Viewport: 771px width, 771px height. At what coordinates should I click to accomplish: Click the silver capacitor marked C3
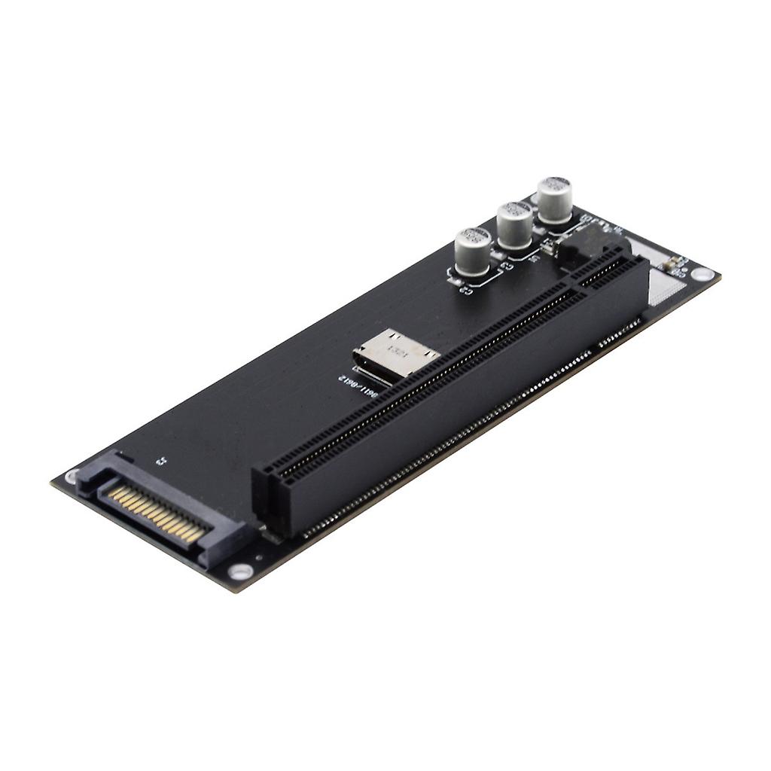pos(473,251)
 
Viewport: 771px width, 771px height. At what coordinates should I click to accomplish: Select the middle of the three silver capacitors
pos(516,224)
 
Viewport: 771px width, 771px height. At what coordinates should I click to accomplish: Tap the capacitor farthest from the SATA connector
pos(556,200)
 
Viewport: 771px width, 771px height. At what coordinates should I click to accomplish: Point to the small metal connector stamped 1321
pos(395,355)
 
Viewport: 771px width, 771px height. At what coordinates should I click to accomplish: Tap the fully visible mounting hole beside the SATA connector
pos(240,571)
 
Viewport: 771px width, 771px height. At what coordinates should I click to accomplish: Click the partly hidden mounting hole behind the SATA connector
pos(72,475)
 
